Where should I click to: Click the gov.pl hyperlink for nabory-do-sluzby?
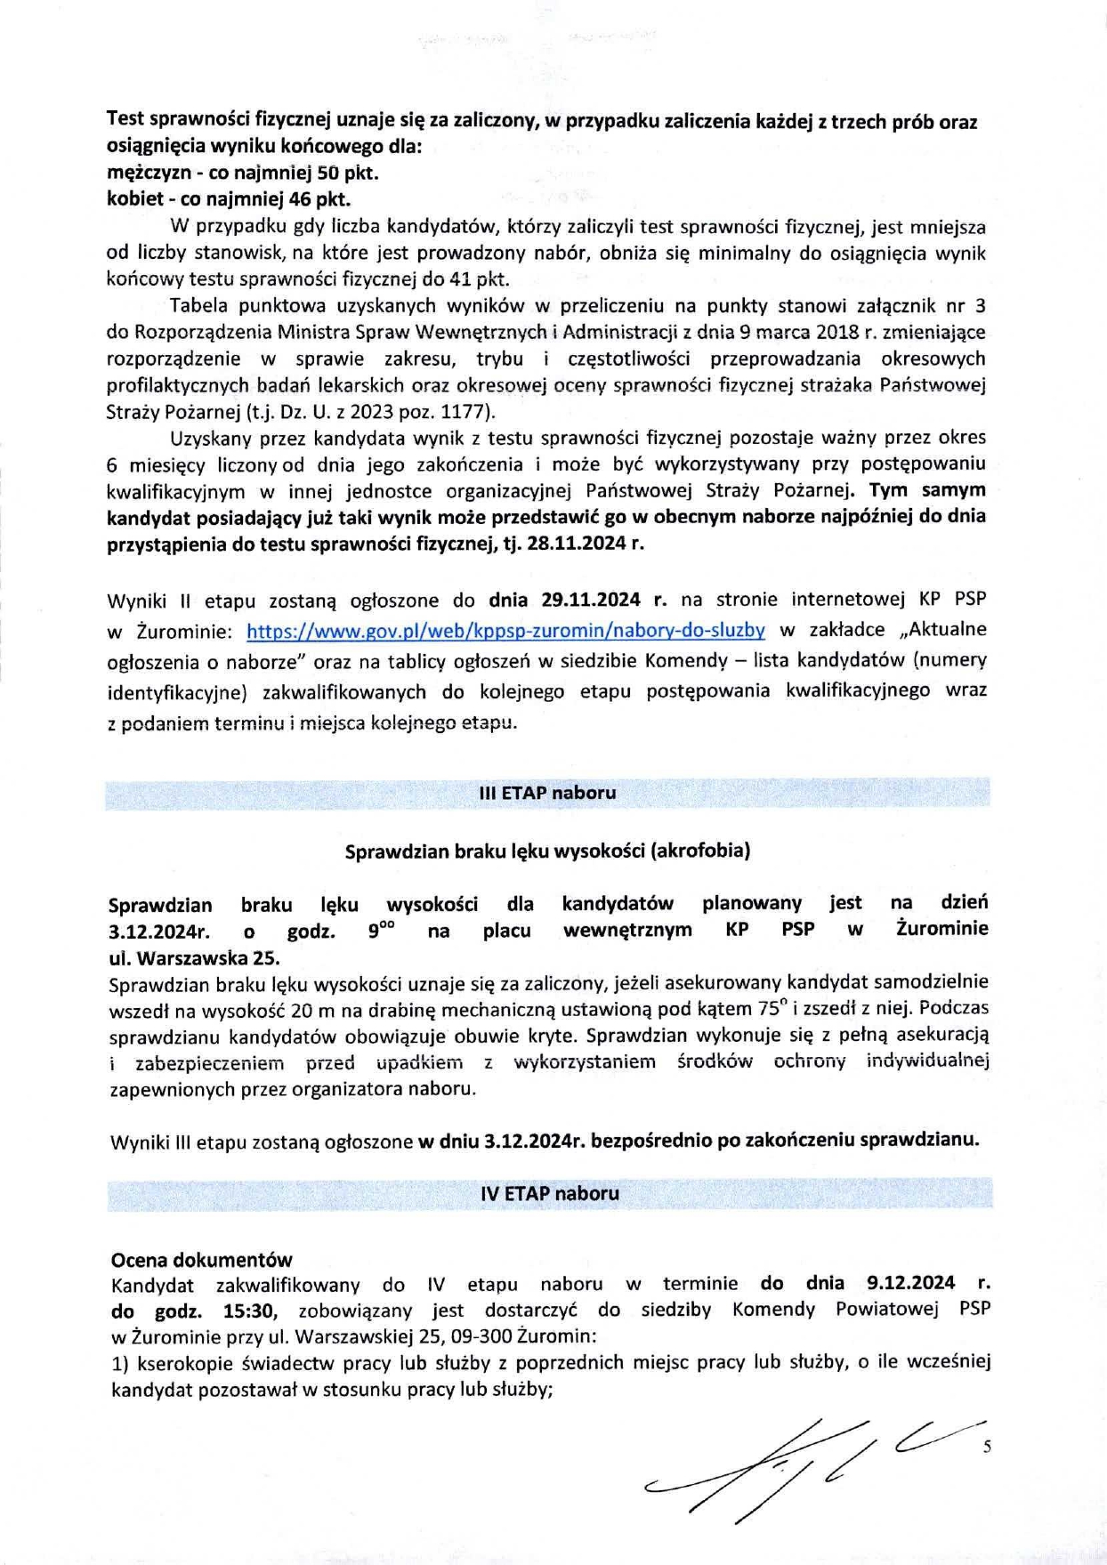click(x=505, y=630)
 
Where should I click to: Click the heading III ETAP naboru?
click(x=547, y=792)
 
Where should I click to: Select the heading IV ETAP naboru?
click(x=549, y=1193)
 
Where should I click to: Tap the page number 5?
click(x=986, y=1447)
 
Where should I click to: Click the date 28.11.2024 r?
click(x=585, y=544)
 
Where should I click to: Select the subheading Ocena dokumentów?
click(x=201, y=1259)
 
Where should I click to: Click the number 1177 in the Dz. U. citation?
click(x=462, y=412)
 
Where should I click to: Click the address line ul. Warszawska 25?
click(x=193, y=958)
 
